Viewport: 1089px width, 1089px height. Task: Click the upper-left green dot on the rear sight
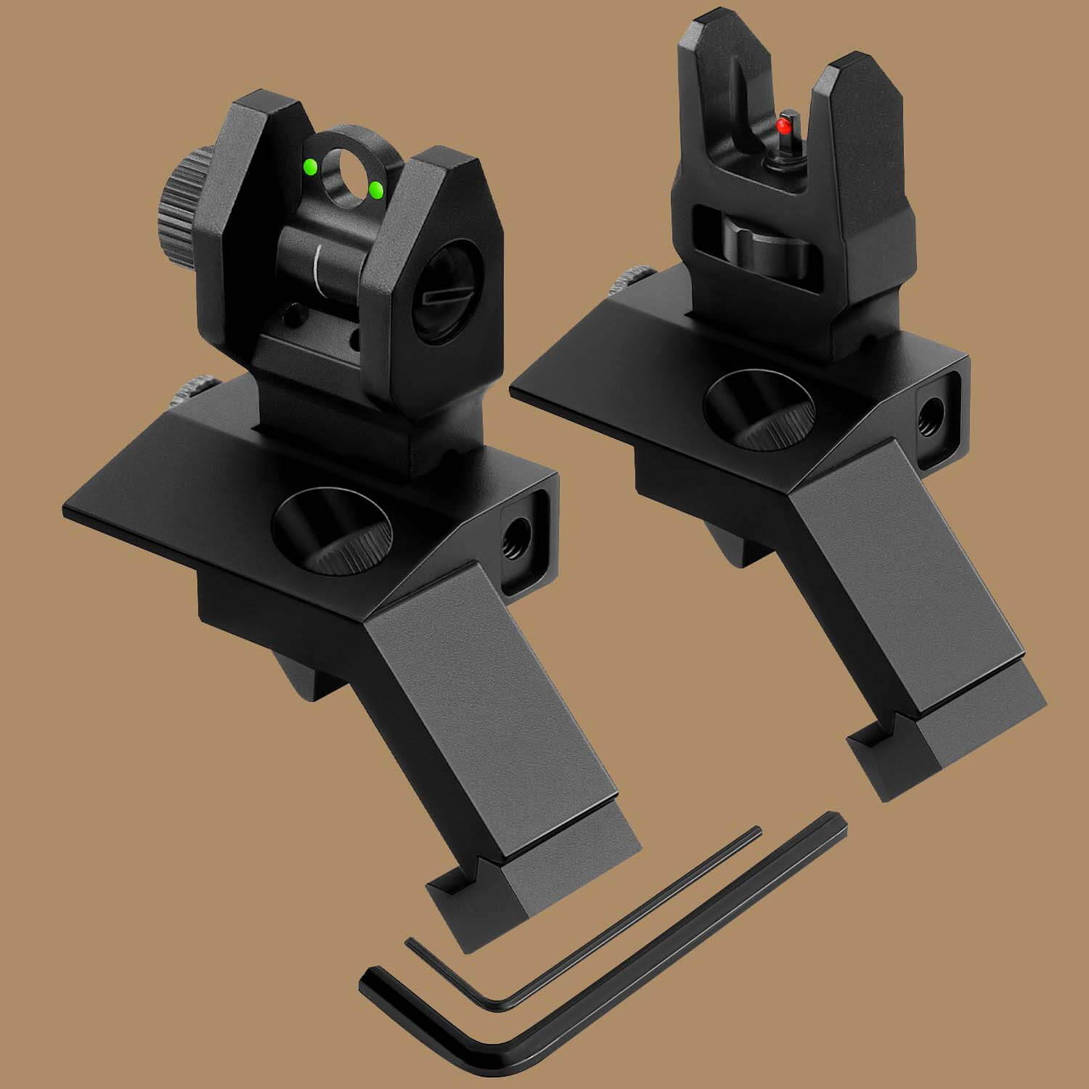click(x=310, y=168)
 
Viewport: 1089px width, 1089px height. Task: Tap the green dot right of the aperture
click(x=377, y=190)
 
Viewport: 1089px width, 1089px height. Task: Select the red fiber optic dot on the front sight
click(x=783, y=127)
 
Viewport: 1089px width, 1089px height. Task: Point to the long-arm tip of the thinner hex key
click(x=756, y=831)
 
